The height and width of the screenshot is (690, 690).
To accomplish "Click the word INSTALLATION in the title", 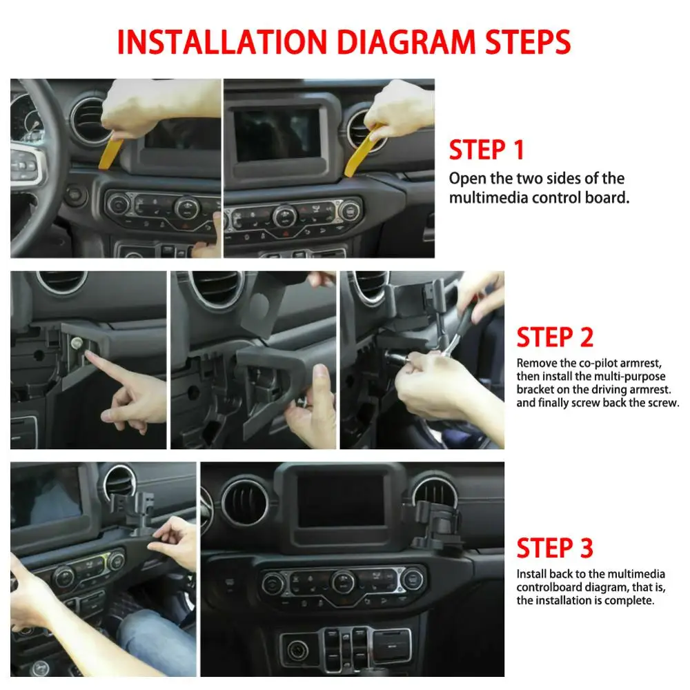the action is point(222,42).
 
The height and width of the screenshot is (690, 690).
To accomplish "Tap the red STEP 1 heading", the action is point(486,150).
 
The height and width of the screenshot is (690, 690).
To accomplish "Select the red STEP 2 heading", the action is point(555,337).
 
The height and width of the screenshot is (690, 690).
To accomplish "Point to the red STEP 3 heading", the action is point(555,549).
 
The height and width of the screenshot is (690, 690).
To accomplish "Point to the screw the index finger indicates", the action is point(77,342).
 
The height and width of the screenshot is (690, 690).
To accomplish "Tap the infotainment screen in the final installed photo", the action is point(341,500).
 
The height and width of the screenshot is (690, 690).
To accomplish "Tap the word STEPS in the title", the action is point(528,42).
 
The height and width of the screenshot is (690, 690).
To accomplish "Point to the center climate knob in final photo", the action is point(343,582).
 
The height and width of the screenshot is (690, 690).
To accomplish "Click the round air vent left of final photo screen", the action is point(245,502).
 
